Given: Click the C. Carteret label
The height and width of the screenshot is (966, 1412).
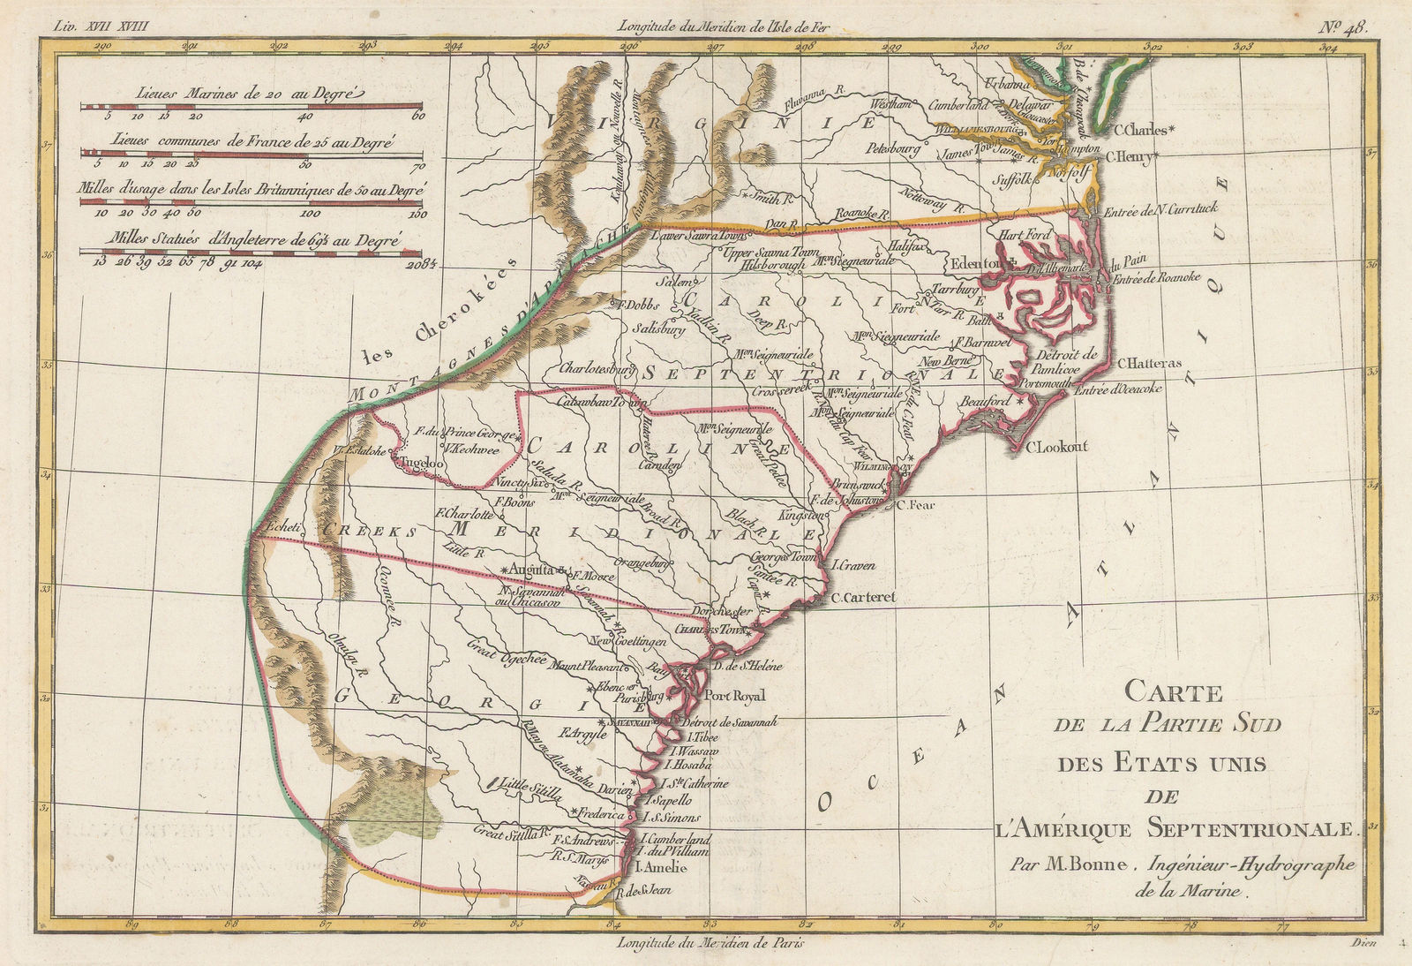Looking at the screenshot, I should click(863, 598).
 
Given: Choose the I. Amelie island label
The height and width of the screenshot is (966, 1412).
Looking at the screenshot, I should click(653, 868).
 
